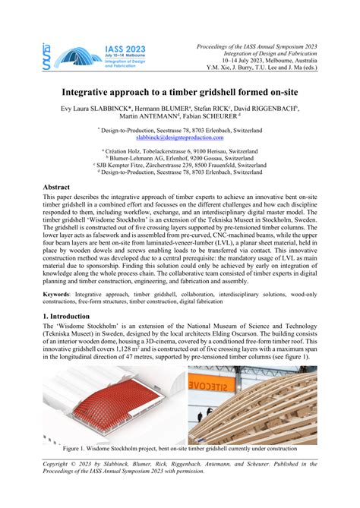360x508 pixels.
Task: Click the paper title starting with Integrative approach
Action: pos(180,90)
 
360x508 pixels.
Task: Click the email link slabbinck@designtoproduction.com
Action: pos(180,138)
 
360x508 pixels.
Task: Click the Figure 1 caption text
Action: pos(180,448)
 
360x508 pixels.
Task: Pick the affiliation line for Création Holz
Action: pos(180,152)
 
